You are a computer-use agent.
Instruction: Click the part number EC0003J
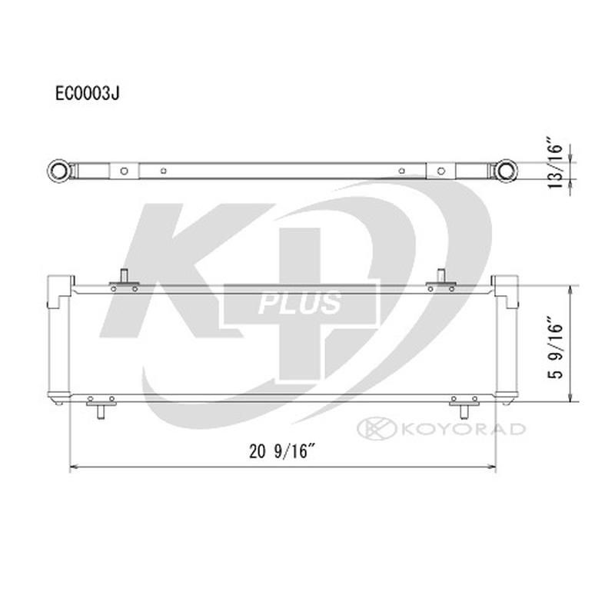click(87, 93)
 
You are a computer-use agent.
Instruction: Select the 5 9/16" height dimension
click(556, 344)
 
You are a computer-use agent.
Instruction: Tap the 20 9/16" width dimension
click(283, 452)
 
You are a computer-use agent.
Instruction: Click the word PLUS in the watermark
click(301, 303)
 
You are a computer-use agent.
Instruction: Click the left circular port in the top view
click(58, 169)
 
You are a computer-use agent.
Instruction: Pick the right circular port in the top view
click(505, 169)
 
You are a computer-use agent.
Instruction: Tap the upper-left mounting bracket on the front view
click(124, 282)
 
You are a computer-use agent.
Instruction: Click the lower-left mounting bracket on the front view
click(101, 405)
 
